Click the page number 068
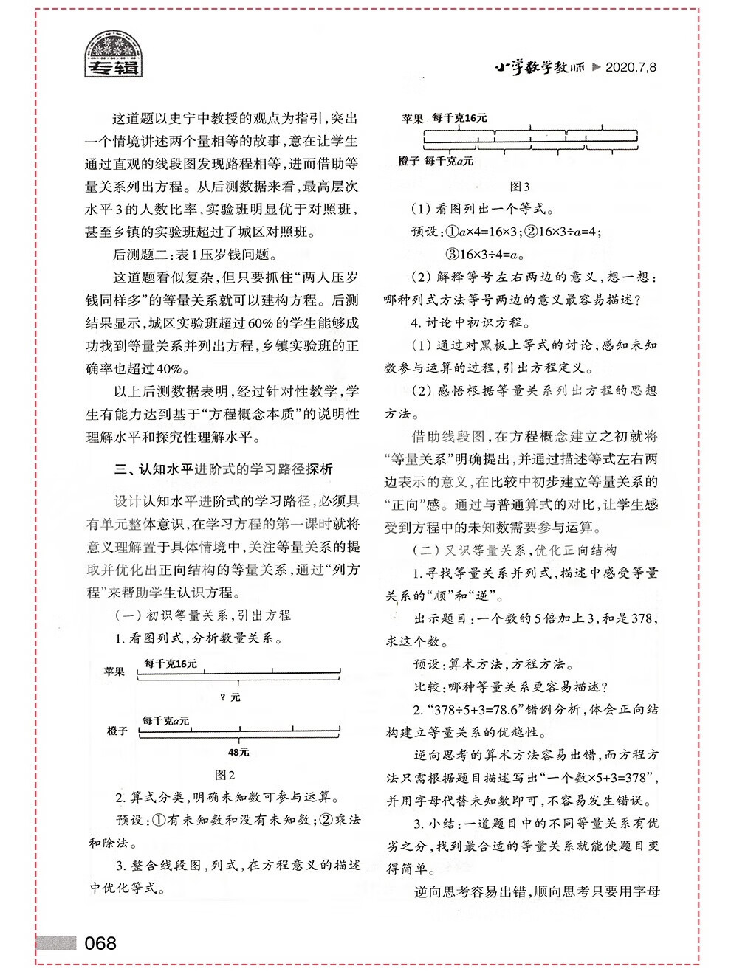[100, 943]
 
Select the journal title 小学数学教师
[539, 67]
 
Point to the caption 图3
[520, 187]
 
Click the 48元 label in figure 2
[238, 752]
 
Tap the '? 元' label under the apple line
[230, 697]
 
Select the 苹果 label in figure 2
[114, 672]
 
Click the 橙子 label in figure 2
[117, 731]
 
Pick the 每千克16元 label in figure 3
[459, 117]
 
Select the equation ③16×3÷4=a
[484, 255]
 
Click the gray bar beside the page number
[56, 943]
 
